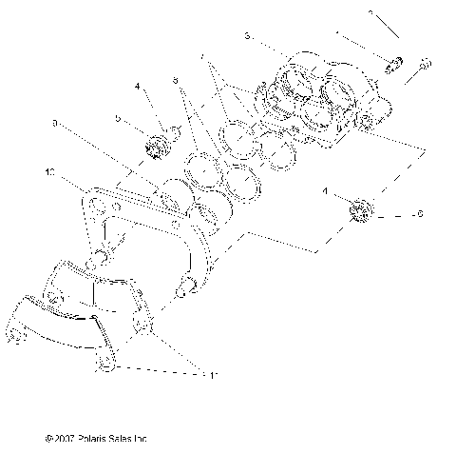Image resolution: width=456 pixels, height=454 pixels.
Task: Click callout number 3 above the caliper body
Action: [x=246, y=35]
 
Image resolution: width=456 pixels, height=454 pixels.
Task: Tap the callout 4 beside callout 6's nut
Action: [x=327, y=191]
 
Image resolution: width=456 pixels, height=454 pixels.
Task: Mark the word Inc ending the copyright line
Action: [x=142, y=440]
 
